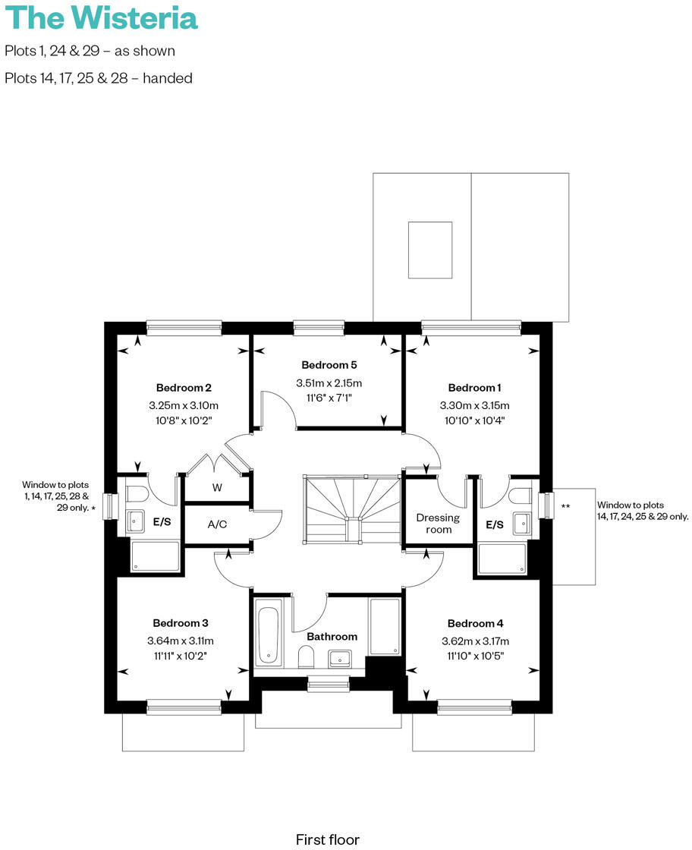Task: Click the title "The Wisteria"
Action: click(101, 17)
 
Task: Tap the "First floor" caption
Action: click(327, 839)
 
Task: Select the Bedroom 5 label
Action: click(329, 364)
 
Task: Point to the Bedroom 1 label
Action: click(474, 387)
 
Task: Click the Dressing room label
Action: click(438, 523)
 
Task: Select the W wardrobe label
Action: click(217, 488)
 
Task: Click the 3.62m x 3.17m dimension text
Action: click(474, 641)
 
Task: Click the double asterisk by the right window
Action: click(565, 505)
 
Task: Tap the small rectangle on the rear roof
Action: click(429, 250)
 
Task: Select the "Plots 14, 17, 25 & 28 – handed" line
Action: click(98, 77)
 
